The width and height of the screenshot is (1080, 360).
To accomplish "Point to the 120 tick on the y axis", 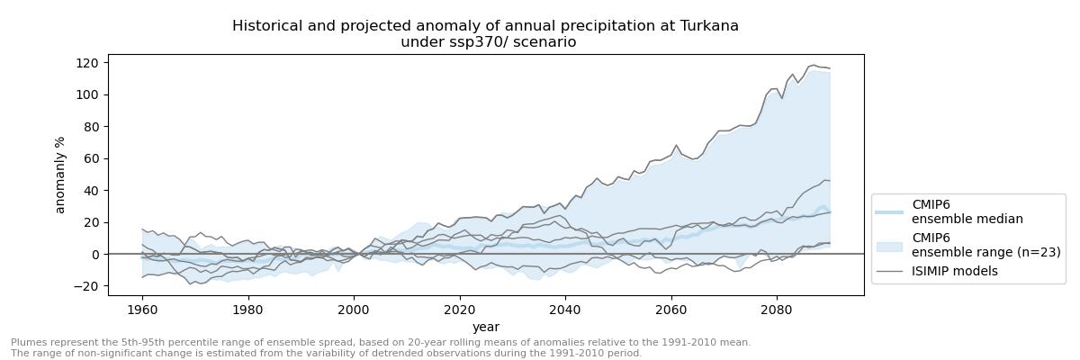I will [87, 63].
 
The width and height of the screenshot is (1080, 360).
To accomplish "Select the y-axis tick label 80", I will [91, 127].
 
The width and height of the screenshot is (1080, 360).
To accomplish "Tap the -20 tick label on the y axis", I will [88, 286].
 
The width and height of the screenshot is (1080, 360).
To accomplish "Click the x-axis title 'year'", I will [486, 327].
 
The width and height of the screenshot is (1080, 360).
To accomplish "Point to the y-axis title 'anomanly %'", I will [61, 175].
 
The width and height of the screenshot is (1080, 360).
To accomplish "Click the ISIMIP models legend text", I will [954, 271].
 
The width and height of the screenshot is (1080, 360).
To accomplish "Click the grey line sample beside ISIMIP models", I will [890, 271].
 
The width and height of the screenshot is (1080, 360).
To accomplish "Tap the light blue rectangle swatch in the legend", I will [890, 245].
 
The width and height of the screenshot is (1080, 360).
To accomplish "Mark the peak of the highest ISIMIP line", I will [814, 65].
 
